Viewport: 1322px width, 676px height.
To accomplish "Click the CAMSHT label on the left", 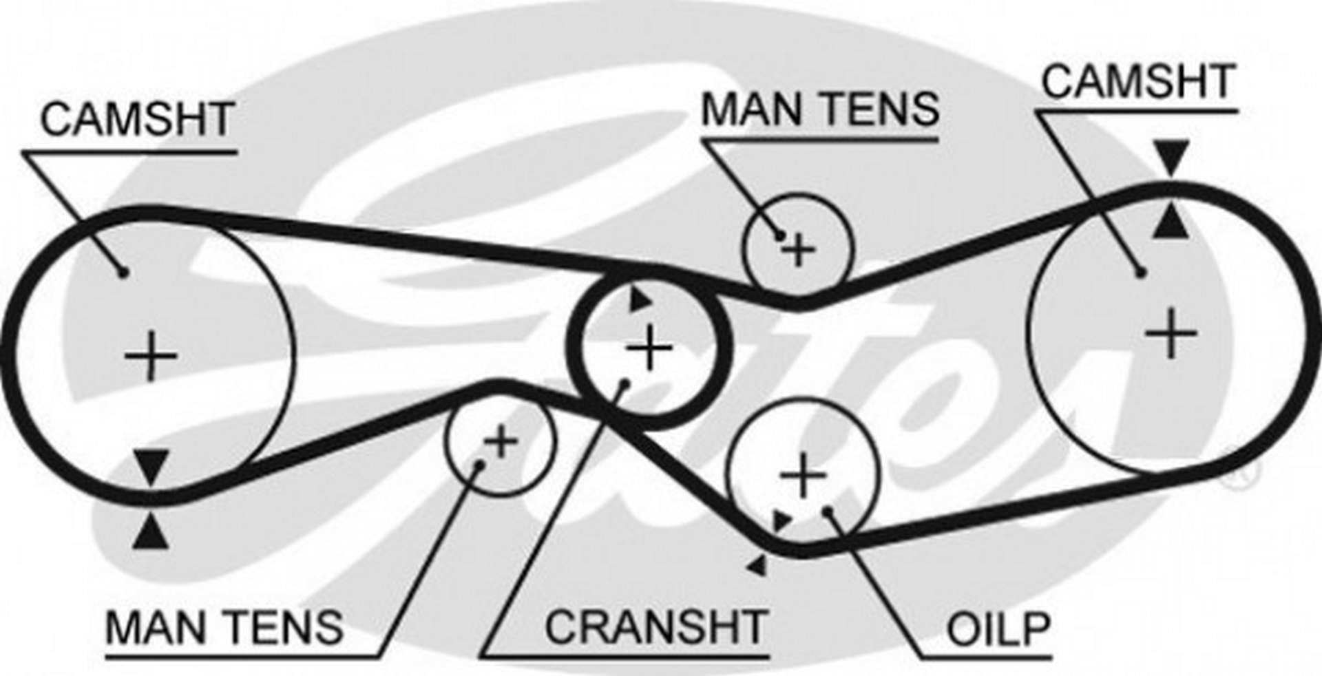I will pyautogui.click(x=138, y=119).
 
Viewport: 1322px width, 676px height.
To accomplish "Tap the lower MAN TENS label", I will pyautogui.click(x=224, y=626).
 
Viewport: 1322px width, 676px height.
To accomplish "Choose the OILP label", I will pyautogui.click(x=999, y=628).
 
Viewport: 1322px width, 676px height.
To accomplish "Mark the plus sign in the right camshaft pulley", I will pyautogui.click(x=1171, y=334).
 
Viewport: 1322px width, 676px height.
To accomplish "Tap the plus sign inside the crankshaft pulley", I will pyautogui.click(x=650, y=349).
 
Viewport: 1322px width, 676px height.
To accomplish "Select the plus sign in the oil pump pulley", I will pyautogui.click(x=803, y=476).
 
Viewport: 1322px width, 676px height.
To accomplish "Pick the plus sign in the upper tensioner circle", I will pyautogui.click(x=799, y=250).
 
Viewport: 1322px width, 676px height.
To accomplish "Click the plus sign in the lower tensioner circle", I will pyautogui.click(x=501, y=442).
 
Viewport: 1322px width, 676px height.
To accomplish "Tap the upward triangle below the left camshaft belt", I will pyautogui.click(x=151, y=534).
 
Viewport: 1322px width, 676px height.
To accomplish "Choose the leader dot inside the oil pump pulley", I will pyautogui.click(x=829, y=510).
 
